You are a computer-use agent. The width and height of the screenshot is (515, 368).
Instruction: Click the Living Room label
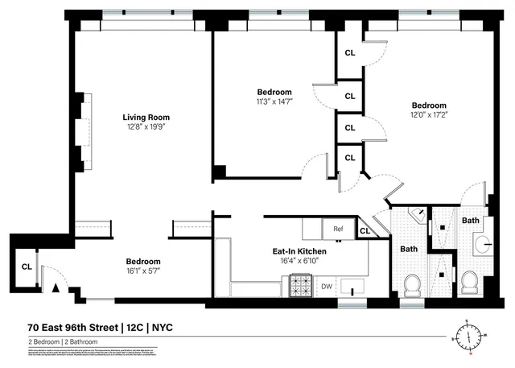point(146,117)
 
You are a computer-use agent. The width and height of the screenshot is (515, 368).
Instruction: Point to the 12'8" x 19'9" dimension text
point(146,126)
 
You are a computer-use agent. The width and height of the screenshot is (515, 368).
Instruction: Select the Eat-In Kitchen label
point(299,250)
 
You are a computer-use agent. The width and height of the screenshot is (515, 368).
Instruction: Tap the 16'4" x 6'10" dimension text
point(299,261)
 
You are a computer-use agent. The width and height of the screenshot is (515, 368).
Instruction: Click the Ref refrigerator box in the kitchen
point(338,229)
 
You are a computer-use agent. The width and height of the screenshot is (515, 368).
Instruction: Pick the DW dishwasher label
point(326,286)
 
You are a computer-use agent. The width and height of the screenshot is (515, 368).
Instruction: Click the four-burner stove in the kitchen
point(300,286)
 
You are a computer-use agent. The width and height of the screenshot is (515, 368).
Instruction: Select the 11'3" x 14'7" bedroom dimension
point(274,101)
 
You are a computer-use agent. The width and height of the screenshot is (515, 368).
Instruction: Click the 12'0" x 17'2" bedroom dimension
point(429,115)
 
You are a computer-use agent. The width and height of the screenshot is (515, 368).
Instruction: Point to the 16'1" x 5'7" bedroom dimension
point(142,271)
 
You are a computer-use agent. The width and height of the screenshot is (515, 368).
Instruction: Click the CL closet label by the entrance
point(26,267)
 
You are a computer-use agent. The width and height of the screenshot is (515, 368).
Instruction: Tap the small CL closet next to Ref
point(364,232)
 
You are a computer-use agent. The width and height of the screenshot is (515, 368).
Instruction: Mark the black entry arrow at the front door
point(56,287)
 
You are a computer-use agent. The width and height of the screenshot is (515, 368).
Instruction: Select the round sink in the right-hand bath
point(485,243)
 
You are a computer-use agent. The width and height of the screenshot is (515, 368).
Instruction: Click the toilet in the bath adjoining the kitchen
point(411,284)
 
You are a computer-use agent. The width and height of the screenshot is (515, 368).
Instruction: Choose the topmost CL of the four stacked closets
point(349,52)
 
